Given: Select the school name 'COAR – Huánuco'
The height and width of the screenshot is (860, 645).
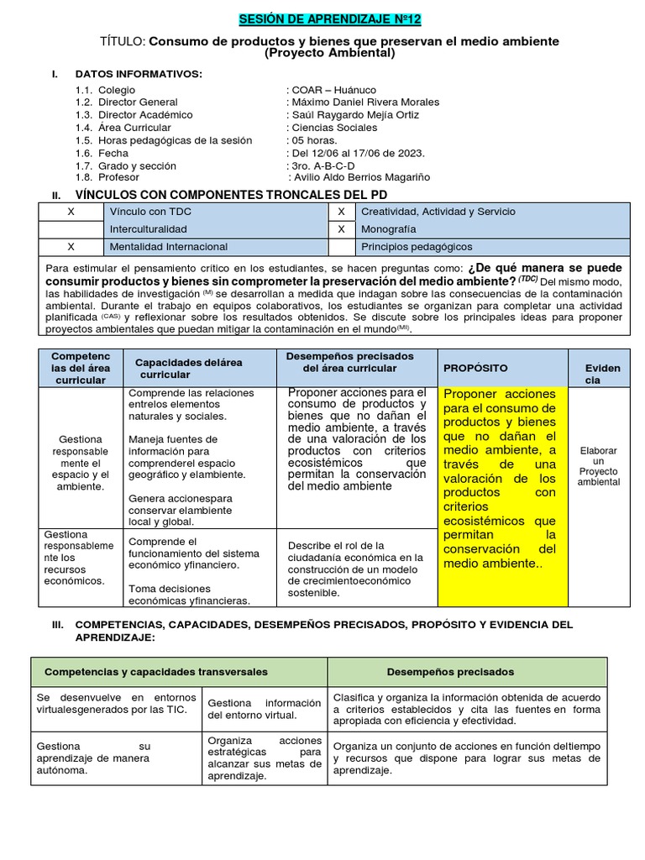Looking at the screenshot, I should (x=334, y=90).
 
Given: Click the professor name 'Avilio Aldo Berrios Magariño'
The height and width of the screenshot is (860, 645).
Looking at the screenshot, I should (x=360, y=177).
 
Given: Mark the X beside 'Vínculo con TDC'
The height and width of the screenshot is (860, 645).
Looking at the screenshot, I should (x=71, y=212).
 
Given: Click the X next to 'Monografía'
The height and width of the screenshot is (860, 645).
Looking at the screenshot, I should (x=341, y=229).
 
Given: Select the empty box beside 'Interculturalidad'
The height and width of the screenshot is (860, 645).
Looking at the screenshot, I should (x=71, y=229).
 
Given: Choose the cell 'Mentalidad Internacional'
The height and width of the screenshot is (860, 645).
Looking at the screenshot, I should (x=169, y=247).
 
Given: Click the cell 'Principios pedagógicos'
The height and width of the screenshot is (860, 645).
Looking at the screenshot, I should (x=417, y=247).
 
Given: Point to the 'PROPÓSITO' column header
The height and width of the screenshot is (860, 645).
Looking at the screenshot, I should (x=475, y=369).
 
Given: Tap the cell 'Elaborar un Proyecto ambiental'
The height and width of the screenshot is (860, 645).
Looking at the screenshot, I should (x=599, y=466).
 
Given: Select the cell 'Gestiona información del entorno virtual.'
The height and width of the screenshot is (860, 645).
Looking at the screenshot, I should (x=264, y=709).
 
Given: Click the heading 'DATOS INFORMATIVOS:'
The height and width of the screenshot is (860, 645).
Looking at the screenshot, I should (x=139, y=74).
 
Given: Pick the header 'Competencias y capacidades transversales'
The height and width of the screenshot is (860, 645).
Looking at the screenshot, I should (x=156, y=672).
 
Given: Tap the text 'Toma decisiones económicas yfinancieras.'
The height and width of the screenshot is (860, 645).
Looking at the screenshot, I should (x=189, y=595).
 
